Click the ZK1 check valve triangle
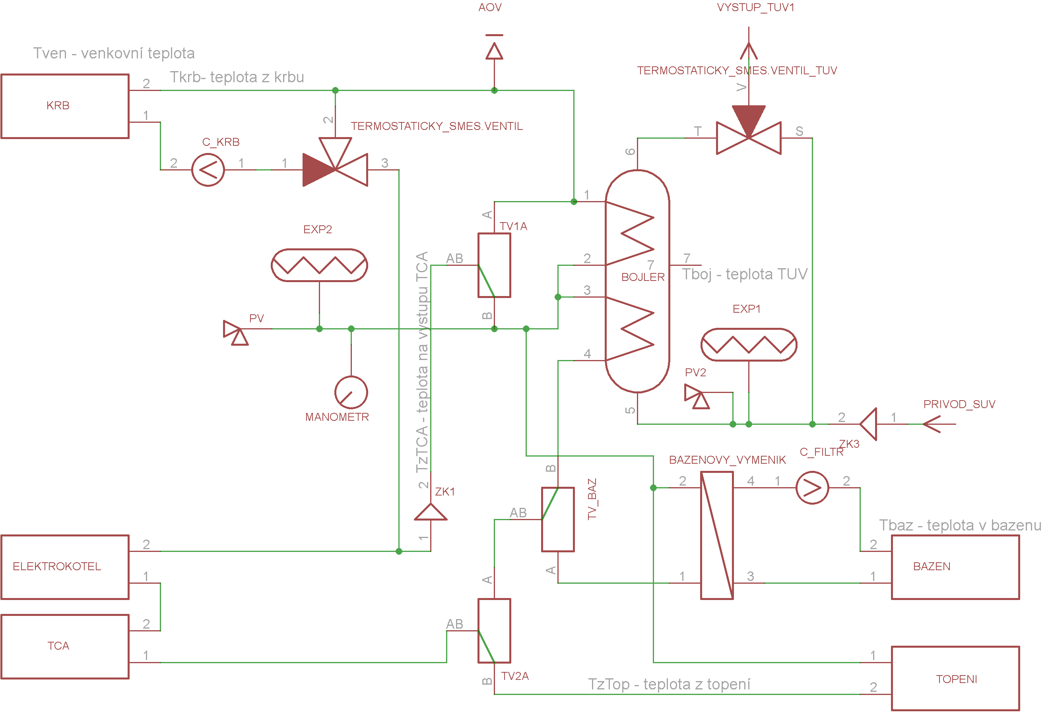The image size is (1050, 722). [x=431, y=512]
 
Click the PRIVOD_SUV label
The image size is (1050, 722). [x=959, y=405]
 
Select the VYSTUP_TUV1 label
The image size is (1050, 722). [x=756, y=8]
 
